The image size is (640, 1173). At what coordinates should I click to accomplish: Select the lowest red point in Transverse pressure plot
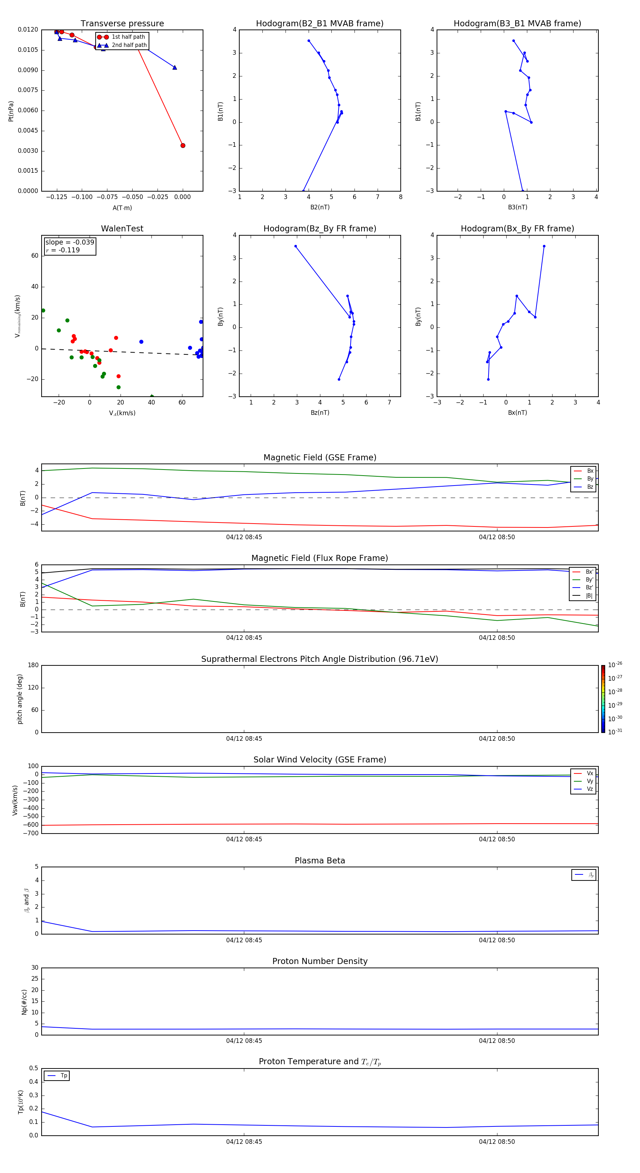point(183,146)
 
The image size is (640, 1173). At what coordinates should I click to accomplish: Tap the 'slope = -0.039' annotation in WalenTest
point(70,242)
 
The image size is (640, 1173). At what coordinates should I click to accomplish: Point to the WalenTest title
point(122,229)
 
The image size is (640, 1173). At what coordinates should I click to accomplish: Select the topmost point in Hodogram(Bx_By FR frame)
point(544,246)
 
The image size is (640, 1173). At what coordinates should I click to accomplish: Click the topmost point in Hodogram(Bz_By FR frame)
point(295,246)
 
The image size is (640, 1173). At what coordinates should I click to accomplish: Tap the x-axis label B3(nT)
point(517,207)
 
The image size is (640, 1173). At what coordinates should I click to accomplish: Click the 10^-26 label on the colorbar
point(615,665)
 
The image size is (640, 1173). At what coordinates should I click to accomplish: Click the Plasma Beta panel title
point(320,861)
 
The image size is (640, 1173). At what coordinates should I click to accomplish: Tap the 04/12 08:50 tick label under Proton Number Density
point(496,1040)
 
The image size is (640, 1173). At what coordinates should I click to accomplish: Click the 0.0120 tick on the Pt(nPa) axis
point(28,30)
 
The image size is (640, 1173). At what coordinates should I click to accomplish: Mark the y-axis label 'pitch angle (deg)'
point(20,699)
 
